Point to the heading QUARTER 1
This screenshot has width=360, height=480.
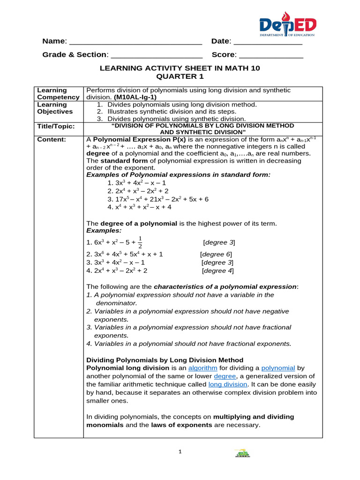pyautogui.click(x=180, y=76)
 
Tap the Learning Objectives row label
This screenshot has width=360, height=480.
pyautogui.click(x=55, y=108)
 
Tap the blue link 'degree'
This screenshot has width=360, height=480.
pyautogui.click(x=225, y=376)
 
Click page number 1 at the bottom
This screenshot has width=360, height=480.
pyautogui.click(x=180, y=452)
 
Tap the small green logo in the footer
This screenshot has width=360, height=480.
pyautogui.click(x=242, y=453)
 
